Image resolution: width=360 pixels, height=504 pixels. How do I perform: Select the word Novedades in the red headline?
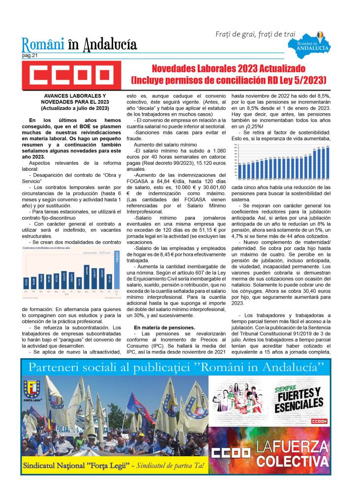click(176, 69)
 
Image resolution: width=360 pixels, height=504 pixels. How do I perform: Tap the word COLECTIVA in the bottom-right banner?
click(293, 462)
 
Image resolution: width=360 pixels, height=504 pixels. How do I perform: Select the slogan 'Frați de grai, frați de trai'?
click(255, 34)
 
